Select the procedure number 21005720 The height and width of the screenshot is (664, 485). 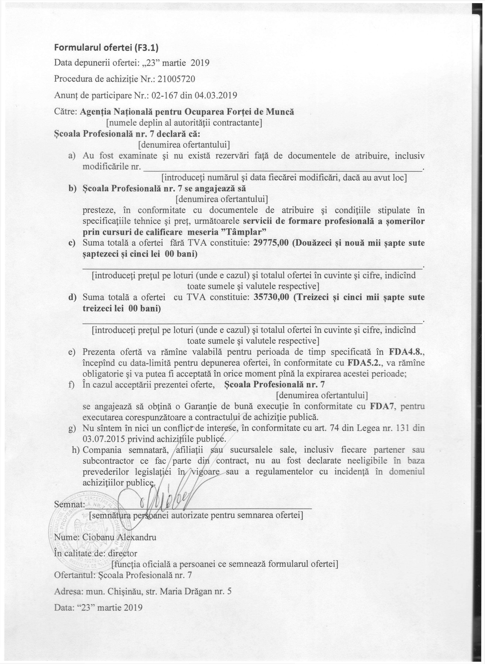(x=176, y=79)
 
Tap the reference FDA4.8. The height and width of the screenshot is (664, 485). (x=407, y=352)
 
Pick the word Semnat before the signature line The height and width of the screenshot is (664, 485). (x=69, y=504)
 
